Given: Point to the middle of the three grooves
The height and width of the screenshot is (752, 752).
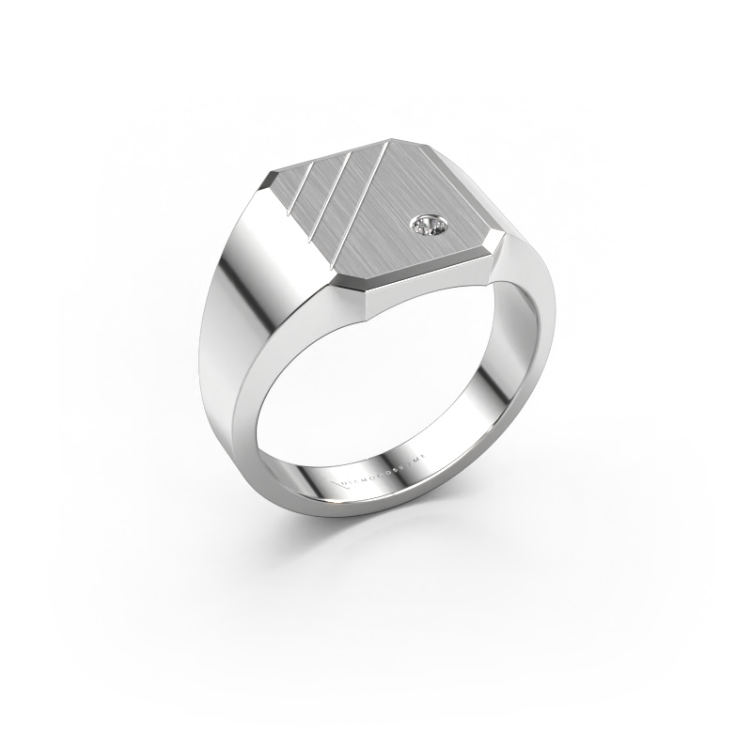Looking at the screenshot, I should click(x=329, y=188).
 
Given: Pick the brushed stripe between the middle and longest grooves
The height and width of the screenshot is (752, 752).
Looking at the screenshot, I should click(x=344, y=192).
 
